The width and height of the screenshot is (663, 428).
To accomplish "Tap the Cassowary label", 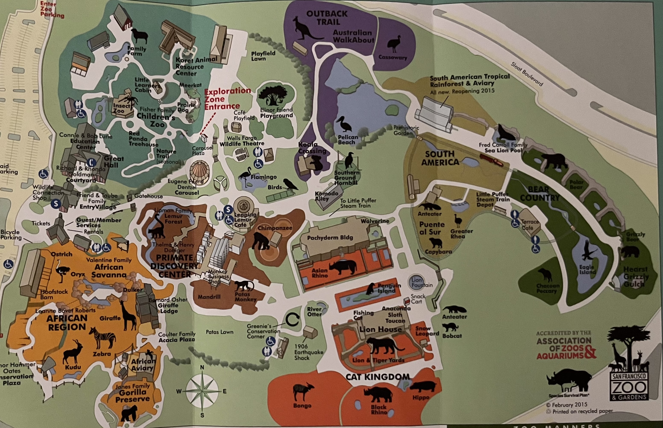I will tap(393, 58).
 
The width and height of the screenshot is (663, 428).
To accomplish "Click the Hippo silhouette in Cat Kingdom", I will tap(422, 387).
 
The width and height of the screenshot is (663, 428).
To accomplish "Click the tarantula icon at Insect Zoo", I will tap(129, 100).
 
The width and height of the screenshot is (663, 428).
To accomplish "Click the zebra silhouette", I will tap(103, 338).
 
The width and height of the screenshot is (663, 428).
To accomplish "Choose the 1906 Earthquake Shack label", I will tap(308, 352).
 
